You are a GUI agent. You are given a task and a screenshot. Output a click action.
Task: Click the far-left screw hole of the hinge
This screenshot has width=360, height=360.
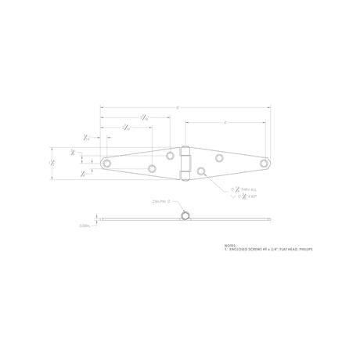coord(106,163)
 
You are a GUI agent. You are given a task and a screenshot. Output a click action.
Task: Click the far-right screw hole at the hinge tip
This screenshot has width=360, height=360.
coord(265,163)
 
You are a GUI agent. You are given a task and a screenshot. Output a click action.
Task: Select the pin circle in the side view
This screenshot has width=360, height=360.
coord(186,214)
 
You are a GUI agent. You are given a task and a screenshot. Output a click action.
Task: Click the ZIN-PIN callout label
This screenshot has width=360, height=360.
coord(160,201)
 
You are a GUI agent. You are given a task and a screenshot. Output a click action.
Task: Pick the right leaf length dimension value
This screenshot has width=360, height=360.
coord(225,123)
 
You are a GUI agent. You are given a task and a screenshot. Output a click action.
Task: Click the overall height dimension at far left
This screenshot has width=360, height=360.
coord(52,161)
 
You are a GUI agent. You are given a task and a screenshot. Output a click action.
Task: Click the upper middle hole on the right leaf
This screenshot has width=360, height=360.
coord(220,157)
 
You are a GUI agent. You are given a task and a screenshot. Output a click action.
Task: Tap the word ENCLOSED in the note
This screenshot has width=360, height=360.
coord(238,248)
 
